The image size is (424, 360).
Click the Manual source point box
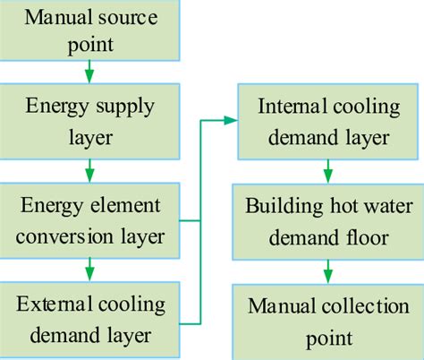tap(89, 30)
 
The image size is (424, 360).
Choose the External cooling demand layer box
tap(89, 318)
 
